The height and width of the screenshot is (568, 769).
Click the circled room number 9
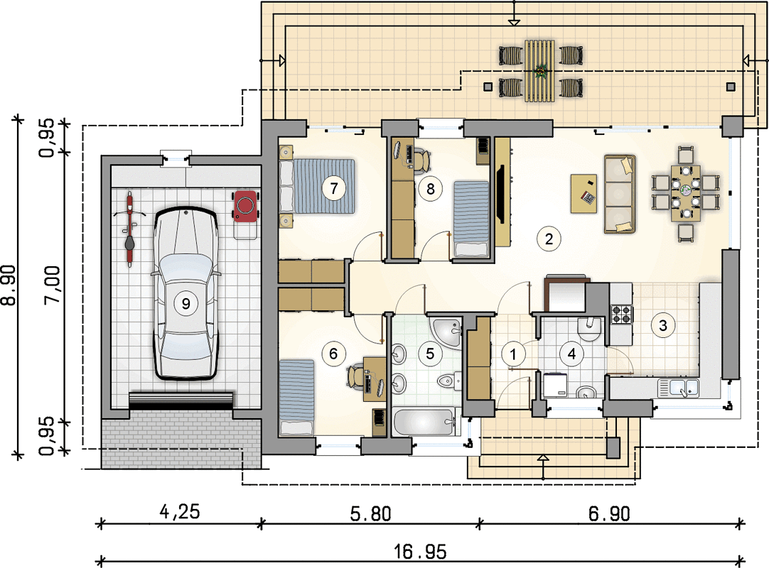click(x=186, y=303)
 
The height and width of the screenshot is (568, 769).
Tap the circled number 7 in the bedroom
click(x=334, y=188)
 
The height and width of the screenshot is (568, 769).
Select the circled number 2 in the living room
click(x=549, y=239)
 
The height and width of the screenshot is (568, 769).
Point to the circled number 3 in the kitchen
click(x=663, y=325)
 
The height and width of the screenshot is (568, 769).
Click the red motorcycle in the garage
click(x=129, y=229)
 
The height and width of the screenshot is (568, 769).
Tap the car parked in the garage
click(x=186, y=293)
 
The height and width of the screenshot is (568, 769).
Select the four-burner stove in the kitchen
click(x=621, y=315)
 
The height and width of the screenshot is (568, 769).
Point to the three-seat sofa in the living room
click(x=620, y=194)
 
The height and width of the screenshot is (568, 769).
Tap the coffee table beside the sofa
click(x=584, y=194)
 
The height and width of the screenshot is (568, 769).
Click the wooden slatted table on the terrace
click(x=540, y=71)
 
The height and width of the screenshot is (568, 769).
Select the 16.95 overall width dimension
click(x=421, y=552)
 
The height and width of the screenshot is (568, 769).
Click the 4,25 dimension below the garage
click(x=180, y=512)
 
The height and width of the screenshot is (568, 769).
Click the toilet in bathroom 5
click(x=448, y=381)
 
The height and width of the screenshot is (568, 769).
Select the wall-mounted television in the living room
click(x=501, y=195)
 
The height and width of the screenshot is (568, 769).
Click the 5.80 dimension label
click(x=371, y=513)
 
